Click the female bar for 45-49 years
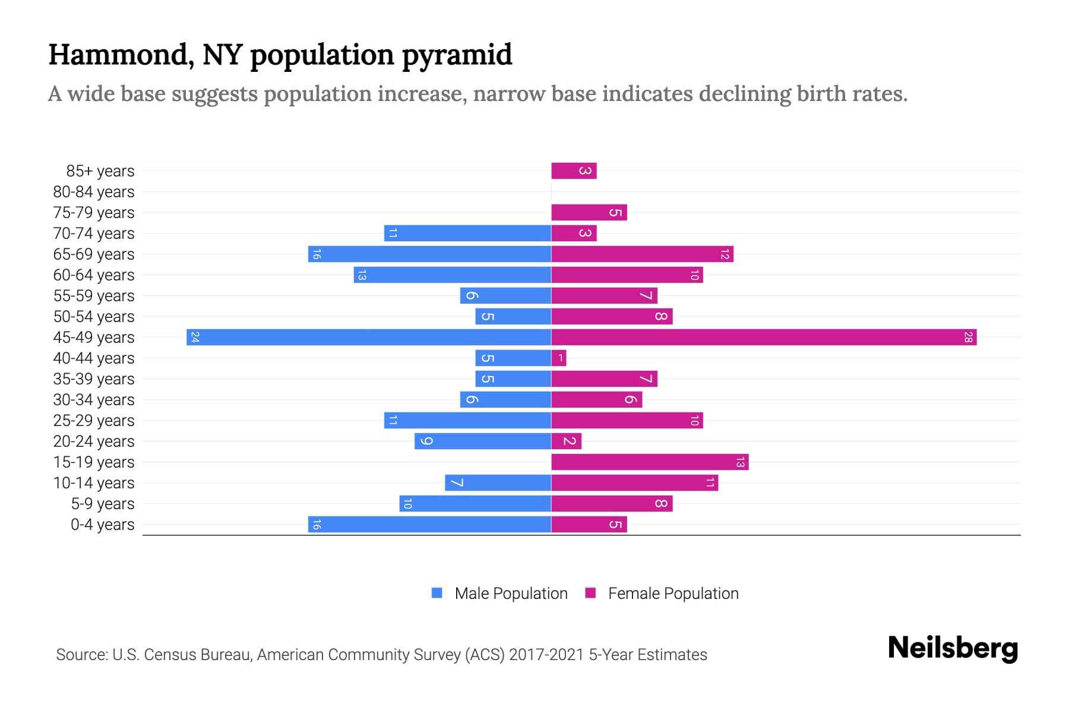[x=763, y=337]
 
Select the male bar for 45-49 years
[x=368, y=337]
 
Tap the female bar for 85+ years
[x=573, y=171]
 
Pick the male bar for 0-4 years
[x=429, y=525]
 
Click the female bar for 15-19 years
[x=649, y=462]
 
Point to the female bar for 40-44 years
[x=558, y=358]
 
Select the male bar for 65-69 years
[x=429, y=254]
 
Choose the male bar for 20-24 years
[x=482, y=441]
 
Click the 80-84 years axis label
[x=94, y=192]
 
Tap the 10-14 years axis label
[x=94, y=483]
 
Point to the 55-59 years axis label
[x=94, y=296]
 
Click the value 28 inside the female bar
[x=968, y=337]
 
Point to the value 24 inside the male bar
[x=195, y=337]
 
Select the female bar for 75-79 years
[x=589, y=213]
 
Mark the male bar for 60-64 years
[x=452, y=275]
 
